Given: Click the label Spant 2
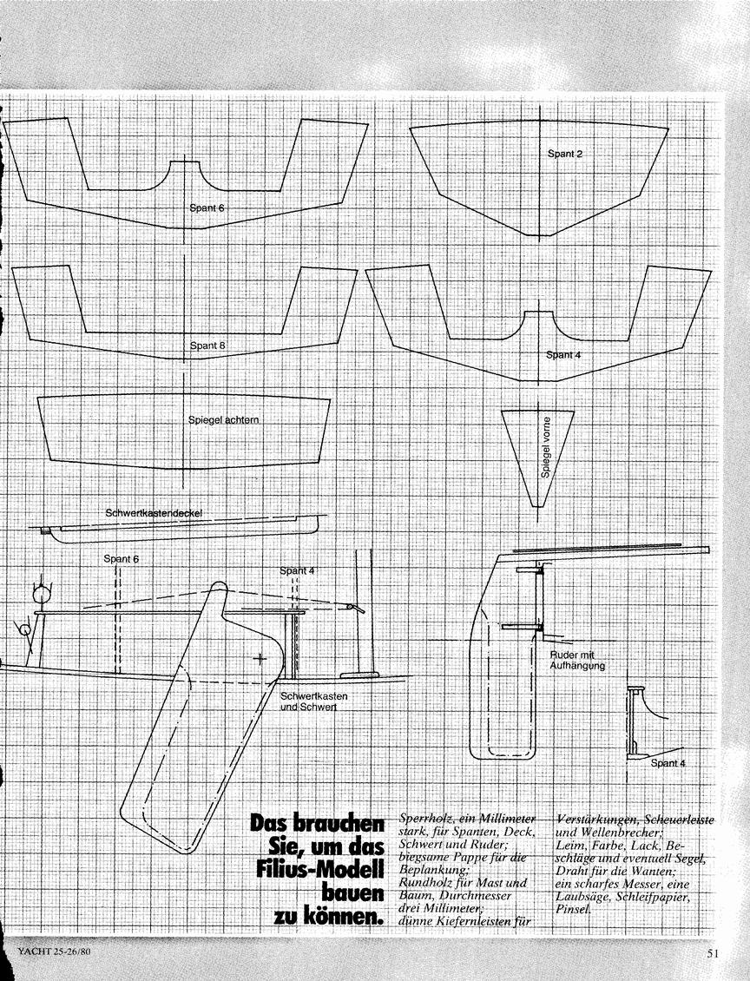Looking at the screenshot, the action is coord(565,154).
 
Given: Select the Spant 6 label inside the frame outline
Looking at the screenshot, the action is coord(207,207).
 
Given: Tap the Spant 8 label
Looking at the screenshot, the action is coord(207,346).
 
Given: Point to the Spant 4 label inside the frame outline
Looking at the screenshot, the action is coord(563,355).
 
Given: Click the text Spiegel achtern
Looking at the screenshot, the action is coord(223,420).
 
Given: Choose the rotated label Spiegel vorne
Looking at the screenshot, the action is coord(546,448).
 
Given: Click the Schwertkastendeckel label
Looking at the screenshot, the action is coord(154,513).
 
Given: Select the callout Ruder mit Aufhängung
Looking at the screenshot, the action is coord(577,660).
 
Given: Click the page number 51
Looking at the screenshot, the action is coord(713,953).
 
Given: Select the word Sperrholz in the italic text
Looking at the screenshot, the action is coord(424,820).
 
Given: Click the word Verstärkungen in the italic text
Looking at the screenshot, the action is coord(594,820).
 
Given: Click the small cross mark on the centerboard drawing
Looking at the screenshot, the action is coord(260,658).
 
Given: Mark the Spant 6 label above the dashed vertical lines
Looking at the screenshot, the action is coord(122,559).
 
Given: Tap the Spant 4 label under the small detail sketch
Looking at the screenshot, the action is coord(668,762).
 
